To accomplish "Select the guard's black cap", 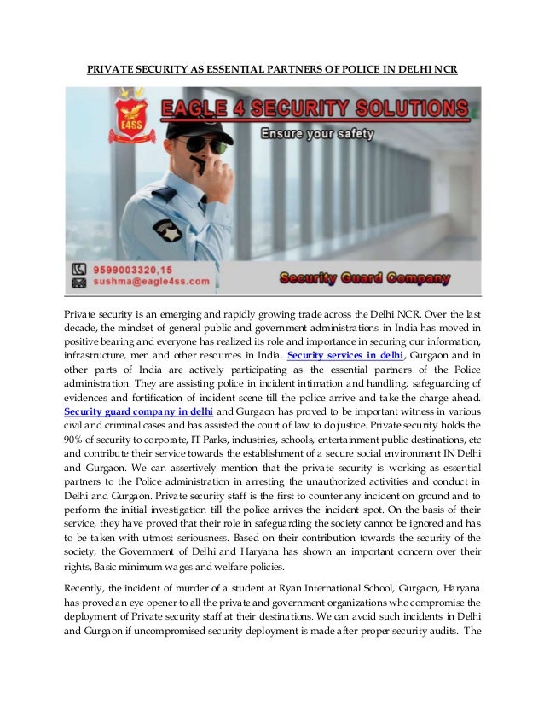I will click(x=198, y=129).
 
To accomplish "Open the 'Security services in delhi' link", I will click(x=344, y=355).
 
